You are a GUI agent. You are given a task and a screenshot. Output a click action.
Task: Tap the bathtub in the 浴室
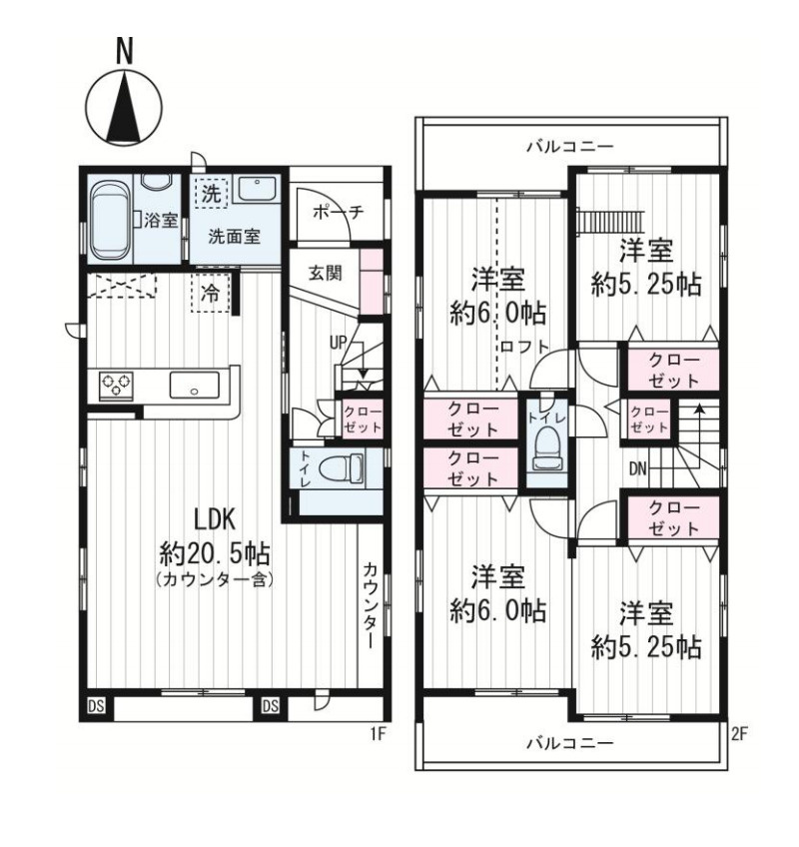111,222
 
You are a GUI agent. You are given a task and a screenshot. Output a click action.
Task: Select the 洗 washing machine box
211,194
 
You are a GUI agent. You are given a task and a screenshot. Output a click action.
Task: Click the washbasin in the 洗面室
257,189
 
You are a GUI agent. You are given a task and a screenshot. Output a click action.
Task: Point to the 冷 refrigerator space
211,294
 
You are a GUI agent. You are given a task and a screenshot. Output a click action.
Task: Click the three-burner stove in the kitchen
117,386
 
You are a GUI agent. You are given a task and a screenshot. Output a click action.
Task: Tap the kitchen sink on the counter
195,386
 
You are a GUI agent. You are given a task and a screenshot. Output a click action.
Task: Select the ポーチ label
339,212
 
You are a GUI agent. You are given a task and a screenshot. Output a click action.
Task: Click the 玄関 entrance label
326,273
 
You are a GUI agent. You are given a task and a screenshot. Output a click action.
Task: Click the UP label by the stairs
339,343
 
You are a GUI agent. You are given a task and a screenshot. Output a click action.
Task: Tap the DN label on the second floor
638,468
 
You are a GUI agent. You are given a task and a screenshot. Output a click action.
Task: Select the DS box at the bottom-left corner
97,706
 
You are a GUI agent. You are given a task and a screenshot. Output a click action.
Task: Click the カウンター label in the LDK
371,605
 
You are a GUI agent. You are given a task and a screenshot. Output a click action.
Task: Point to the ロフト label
524,346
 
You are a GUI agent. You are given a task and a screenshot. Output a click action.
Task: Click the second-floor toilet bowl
546,448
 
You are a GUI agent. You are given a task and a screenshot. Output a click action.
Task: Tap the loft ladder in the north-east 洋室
610,221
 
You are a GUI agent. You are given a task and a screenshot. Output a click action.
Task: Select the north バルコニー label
570,146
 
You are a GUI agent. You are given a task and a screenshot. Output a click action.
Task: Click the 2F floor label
739,734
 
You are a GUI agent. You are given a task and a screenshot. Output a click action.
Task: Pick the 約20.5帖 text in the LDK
215,552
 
